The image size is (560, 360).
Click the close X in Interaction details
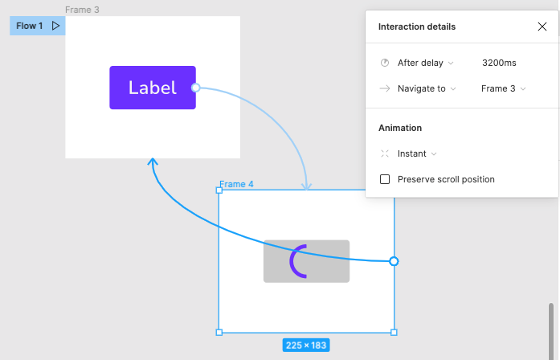[x=542, y=27]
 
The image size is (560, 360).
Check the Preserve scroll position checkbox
[x=385, y=179]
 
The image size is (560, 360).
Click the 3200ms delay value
[x=499, y=63]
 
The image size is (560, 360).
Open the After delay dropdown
[x=425, y=63]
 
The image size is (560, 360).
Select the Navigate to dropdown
[x=427, y=88]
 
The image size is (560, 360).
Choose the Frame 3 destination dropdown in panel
[x=503, y=88]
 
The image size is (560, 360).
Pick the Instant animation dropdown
[x=417, y=153]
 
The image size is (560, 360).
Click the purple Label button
[x=153, y=88]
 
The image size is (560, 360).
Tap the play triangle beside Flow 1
[x=55, y=26]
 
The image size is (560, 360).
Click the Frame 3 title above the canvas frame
[x=82, y=10]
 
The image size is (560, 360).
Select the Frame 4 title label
[x=236, y=184]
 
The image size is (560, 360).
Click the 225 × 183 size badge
[x=306, y=346]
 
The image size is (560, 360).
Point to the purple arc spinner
[x=293, y=261]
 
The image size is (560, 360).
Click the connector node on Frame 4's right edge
[x=394, y=261]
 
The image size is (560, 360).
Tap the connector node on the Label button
[x=196, y=88]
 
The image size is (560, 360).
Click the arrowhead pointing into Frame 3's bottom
[x=153, y=162]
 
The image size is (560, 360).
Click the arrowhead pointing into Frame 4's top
[x=306, y=186]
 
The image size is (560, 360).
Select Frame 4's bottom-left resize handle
[x=219, y=333]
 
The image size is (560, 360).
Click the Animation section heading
[x=400, y=128]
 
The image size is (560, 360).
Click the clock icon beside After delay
[x=385, y=63]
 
